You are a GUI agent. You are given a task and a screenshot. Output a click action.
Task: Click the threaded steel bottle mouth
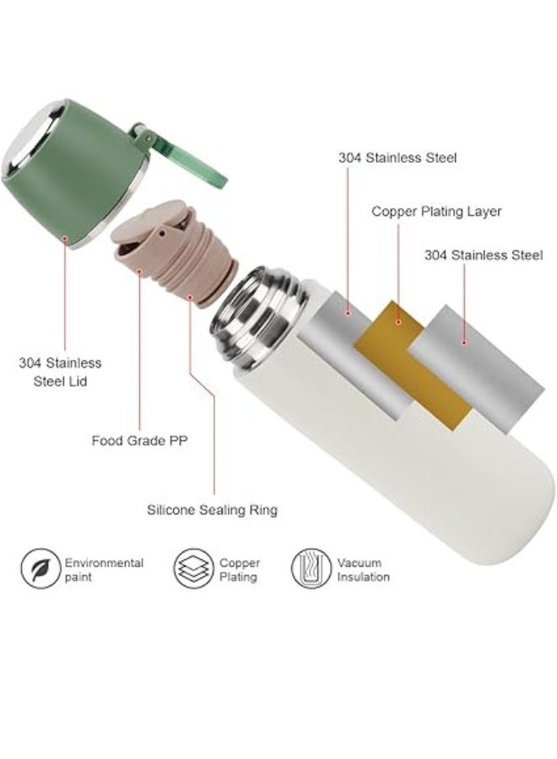(262, 317)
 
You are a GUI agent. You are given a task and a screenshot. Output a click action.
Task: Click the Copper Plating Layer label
(436, 212)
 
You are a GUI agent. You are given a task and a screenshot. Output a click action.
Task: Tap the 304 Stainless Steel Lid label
(60, 372)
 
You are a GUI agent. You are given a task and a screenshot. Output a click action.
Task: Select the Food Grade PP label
(139, 440)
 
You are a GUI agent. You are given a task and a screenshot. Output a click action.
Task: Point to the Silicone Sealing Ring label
(212, 509)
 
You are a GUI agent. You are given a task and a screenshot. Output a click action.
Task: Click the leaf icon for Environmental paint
(41, 568)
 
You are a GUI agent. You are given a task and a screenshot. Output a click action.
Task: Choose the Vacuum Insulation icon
(311, 568)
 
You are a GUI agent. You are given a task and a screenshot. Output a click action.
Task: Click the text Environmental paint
(104, 570)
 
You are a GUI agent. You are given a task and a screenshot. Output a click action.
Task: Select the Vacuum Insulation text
(363, 570)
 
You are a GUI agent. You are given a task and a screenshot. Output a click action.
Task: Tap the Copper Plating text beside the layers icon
(240, 570)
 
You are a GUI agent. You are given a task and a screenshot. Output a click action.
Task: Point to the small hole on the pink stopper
(162, 234)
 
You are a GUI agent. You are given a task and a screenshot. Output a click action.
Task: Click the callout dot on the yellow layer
(398, 322)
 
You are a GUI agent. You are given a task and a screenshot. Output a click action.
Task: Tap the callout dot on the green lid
(65, 238)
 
